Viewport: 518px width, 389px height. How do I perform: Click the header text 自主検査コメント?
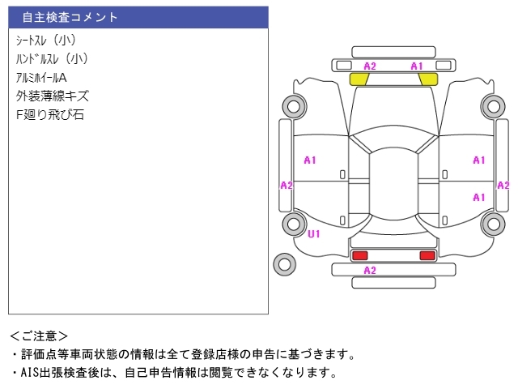click(70, 17)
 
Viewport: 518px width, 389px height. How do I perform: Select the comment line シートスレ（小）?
click(46, 40)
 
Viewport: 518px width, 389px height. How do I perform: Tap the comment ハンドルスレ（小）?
click(52, 59)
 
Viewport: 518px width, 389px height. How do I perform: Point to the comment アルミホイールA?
click(41, 78)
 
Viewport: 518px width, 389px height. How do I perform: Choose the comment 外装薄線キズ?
click(52, 96)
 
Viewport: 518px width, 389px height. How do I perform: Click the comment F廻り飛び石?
click(50, 115)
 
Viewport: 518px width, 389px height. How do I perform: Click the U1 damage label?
click(313, 234)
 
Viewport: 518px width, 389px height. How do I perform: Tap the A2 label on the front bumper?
click(370, 66)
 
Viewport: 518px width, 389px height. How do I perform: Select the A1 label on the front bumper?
click(417, 66)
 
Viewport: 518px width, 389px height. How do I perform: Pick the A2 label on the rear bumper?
click(370, 271)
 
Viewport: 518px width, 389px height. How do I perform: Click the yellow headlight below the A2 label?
click(359, 79)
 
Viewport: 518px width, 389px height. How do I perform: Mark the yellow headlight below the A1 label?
click(428, 79)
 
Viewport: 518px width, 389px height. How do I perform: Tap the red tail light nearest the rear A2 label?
click(359, 255)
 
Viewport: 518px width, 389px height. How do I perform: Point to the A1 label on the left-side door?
click(310, 160)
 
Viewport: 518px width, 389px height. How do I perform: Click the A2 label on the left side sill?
click(287, 186)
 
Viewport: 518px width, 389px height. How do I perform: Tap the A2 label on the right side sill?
click(503, 186)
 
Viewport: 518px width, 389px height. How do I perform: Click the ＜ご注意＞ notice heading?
click(39, 336)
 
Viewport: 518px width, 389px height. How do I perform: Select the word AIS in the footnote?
click(30, 373)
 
